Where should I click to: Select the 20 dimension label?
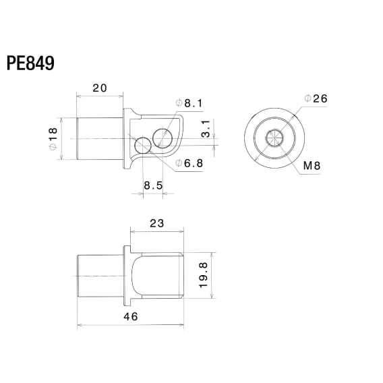click(x=100, y=88)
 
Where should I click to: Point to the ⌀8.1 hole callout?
click(x=189, y=103)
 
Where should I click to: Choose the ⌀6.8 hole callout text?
click(x=189, y=163)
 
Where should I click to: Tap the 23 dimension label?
click(x=156, y=223)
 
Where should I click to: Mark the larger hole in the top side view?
click(x=162, y=137)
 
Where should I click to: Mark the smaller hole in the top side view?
click(x=143, y=146)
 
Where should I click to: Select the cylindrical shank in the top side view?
click(x=100, y=138)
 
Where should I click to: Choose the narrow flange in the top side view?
click(x=125, y=138)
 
